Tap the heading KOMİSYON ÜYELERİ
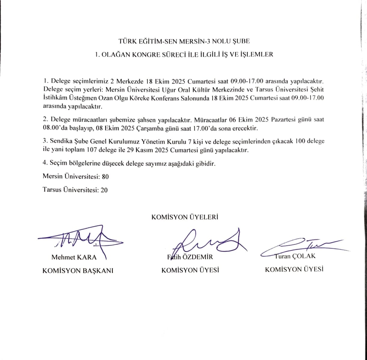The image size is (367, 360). click(x=185, y=217)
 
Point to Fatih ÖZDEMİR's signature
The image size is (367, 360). click(x=208, y=242)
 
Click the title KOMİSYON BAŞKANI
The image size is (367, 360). click(x=78, y=270)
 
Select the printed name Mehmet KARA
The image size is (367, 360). click(x=74, y=257)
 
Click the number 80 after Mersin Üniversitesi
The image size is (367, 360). click(x=105, y=177)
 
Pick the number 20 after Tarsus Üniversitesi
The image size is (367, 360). click(x=104, y=190)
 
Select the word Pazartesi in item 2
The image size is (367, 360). click(x=285, y=119)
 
